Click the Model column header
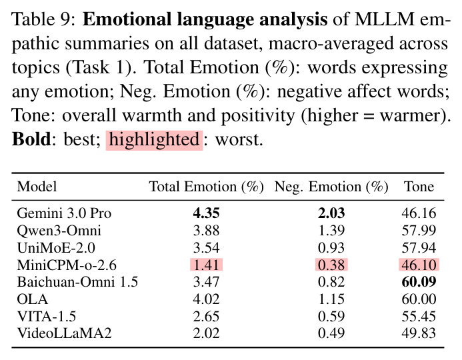click(x=37, y=187)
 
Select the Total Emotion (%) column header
click(x=206, y=187)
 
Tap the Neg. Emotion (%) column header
click(x=331, y=187)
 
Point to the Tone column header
click(x=419, y=187)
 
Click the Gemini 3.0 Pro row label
click(x=64, y=213)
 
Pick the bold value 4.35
click(x=206, y=213)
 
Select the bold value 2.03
click(x=331, y=213)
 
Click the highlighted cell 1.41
click(x=206, y=265)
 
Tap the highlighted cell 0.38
click(x=331, y=265)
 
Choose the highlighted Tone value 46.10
click(x=419, y=265)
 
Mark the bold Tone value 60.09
click(x=419, y=282)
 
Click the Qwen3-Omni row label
click(x=59, y=231)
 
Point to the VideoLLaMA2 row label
click(x=64, y=333)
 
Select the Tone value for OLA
click(x=419, y=299)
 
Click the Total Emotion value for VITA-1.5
click(x=206, y=316)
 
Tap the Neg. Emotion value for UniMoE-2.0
click(x=331, y=247)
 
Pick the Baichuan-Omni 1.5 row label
click(x=77, y=282)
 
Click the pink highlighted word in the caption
click(x=155, y=140)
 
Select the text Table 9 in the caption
click(x=43, y=19)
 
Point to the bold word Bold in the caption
click(x=31, y=139)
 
